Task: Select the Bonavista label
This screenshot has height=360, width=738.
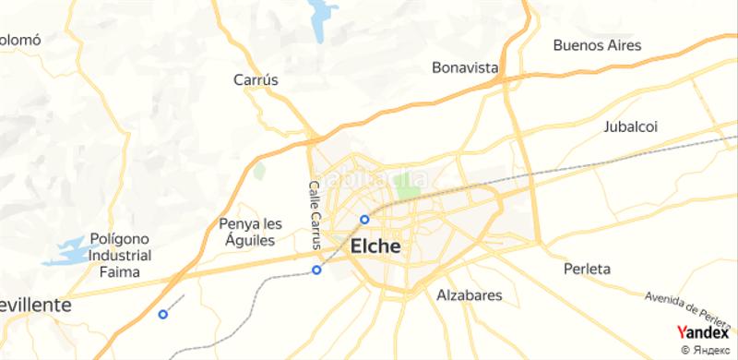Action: click(466, 68)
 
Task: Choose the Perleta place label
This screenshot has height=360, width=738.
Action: click(587, 270)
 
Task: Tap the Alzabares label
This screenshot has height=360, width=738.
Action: click(469, 296)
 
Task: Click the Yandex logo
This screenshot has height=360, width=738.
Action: click(703, 333)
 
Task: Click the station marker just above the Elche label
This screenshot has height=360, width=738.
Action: click(364, 220)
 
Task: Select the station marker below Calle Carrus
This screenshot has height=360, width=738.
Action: click(316, 270)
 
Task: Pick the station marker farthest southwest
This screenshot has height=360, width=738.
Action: click(163, 314)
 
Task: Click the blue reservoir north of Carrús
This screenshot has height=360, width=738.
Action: click(322, 20)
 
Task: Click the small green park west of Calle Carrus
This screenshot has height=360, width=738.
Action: click(260, 171)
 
